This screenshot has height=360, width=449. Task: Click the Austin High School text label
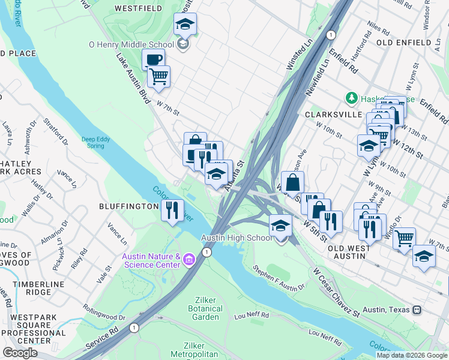coord(237,238)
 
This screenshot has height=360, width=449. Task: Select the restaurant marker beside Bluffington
coord(172,211)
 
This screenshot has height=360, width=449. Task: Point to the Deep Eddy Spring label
coord(96,142)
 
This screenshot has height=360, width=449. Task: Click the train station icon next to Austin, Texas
coord(415,310)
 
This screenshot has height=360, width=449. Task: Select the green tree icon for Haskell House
coord(351,97)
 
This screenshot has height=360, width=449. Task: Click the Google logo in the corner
coord(20,353)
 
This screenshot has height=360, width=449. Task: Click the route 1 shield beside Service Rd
coord(134,328)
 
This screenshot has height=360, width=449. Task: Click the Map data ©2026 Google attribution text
coord(412,355)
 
